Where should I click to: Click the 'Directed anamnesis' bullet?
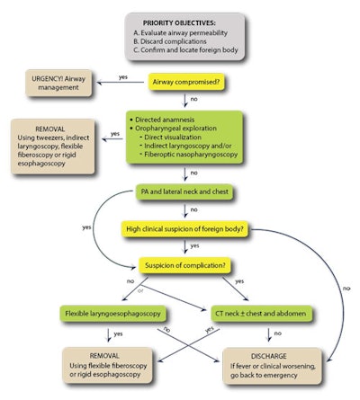point(166,119)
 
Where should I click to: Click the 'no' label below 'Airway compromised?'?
point(193,99)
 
